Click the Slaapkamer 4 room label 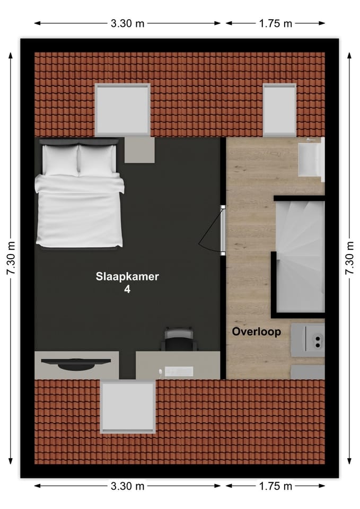tap(127, 283)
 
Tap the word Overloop tap(256, 332)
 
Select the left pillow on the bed tap(60, 160)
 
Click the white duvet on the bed tap(80, 212)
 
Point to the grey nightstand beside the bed tap(140, 150)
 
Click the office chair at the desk tap(179, 339)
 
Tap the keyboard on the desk tap(178, 372)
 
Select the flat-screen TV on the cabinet tap(76, 363)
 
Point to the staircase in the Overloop tap(299, 254)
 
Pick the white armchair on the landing tap(310, 159)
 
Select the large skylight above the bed tap(122, 109)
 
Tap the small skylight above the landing tap(279, 109)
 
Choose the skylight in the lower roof tap(128, 407)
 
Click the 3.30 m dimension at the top tap(127, 23)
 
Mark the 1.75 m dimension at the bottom tap(276, 486)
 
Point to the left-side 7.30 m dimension tap(11, 258)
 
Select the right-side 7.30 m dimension tap(349, 258)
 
